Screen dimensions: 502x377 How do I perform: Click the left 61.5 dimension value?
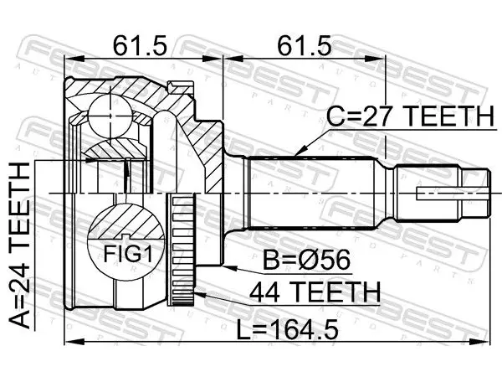click(x=140, y=45)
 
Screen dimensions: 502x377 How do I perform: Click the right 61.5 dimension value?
click(x=304, y=45)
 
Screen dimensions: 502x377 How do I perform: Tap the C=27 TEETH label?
click(x=410, y=116)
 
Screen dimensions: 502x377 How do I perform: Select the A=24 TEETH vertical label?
click(x=20, y=245)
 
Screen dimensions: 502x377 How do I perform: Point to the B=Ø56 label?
click(x=306, y=261)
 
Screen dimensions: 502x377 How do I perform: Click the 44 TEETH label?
click(x=315, y=292)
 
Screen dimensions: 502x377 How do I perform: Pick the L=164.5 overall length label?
click(x=287, y=330)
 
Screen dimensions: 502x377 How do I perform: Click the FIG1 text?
click(x=128, y=254)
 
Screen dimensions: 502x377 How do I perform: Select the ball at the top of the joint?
click(x=110, y=116)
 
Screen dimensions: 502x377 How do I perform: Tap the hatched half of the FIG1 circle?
click(x=125, y=221)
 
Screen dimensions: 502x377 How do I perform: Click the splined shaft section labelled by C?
click(x=310, y=193)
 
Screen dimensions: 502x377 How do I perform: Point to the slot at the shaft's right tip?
click(x=453, y=194)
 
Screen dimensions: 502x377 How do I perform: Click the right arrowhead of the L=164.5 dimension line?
click(x=484, y=343)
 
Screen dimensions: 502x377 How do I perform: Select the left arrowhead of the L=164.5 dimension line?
click(x=71, y=343)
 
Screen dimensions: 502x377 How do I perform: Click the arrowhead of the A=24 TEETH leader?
click(x=93, y=160)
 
